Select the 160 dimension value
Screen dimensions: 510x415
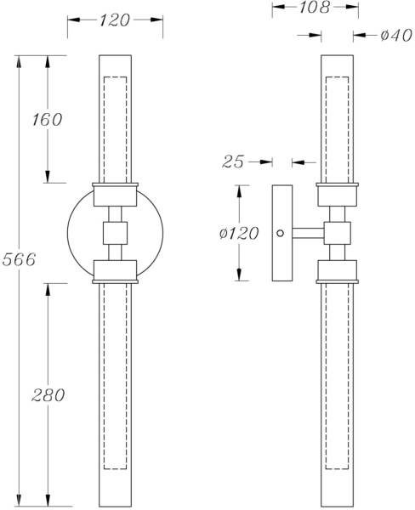click(x=48, y=119)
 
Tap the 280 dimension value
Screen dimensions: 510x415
click(x=48, y=394)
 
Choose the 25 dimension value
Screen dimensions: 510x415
click(x=234, y=161)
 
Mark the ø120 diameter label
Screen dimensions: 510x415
click(x=239, y=233)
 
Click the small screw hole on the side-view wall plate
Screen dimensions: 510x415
click(x=280, y=231)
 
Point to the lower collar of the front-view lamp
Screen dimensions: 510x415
click(x=115, y=271)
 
